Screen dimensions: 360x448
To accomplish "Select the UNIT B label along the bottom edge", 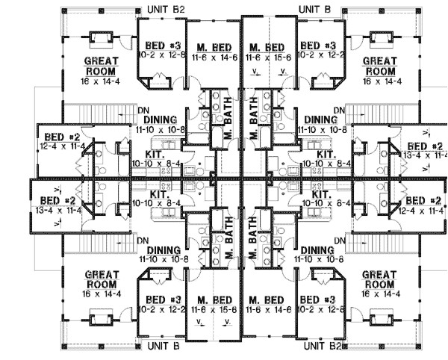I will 164,347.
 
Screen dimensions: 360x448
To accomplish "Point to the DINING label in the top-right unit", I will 320,119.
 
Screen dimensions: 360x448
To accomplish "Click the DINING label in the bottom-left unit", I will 162,249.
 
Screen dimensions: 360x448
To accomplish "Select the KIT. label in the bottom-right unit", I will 320,193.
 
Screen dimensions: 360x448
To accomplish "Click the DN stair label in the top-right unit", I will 340,111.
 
